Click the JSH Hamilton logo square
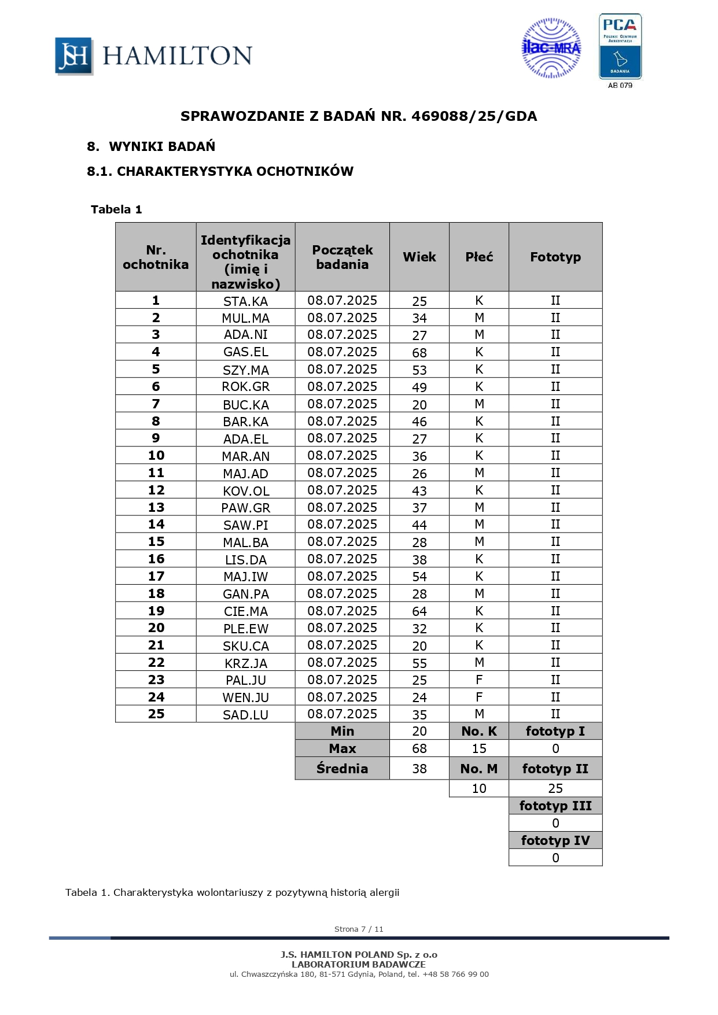[x=73, y=56]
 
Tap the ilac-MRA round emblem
[x=551, y=49]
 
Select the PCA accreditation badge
[x=620, y=47]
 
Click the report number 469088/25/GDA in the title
[x=474, y=116]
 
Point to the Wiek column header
[x=419, y=257]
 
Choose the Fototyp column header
[x=555, y=257]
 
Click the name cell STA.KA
[x=245, y=301]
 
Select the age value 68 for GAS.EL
[x=419, y=353]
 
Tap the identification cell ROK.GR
[x=245, y=387]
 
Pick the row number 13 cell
[x=156, y=507]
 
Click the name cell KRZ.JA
[x=245, y=663]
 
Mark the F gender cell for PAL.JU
[x=479, y=680]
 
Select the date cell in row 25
[x=342, y=714]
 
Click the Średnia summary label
[x=342, y=769]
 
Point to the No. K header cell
[x=479, y=731]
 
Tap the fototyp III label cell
[x=555, y=806]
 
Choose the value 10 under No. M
[x=479, y=788]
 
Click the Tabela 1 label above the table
[x=116, y=209]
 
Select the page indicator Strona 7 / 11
[x=359, y=929]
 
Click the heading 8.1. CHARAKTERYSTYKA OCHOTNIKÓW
[x=220, y=171]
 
